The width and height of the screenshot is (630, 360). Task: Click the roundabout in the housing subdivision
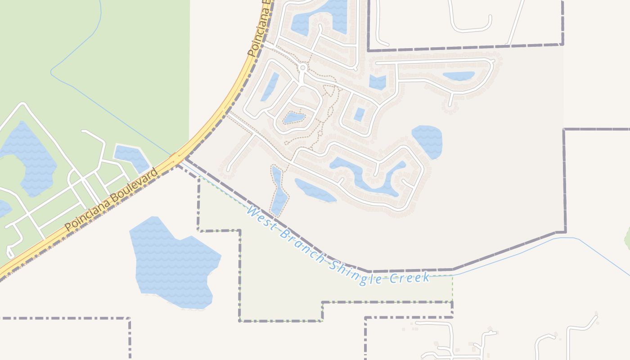tap(303, 67)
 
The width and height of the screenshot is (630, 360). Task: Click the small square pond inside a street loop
tap(359, 115)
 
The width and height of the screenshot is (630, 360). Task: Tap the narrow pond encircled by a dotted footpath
tap(279, 191)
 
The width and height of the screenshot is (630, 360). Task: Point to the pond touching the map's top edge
tap(320, 16)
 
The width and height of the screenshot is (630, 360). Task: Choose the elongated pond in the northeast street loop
tap(459, 76)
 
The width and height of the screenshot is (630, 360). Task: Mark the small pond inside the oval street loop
tap(294, 118)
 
